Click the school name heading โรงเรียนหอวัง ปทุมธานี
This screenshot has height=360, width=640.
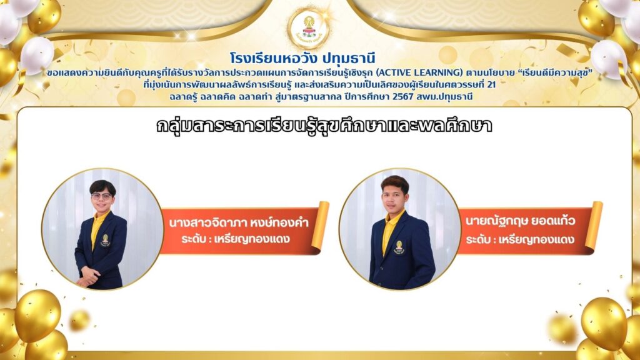pyautogui.click(x=302, y=58)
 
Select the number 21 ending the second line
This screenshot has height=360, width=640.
pyautogui.click(x=491, y=85)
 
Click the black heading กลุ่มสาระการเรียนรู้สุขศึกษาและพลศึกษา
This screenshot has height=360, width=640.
pyautogui.click(x=324, y=126)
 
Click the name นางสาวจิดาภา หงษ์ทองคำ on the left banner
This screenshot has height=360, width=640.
pyautogui.click(x=239, y=223)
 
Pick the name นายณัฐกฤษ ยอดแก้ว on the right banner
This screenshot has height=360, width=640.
pyautogui.click(x=521, y=221)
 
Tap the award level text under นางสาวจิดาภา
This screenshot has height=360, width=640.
pyautogui.click(x=236, y=239)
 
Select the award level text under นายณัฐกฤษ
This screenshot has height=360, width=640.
pyautogui.click(x=521, y=239)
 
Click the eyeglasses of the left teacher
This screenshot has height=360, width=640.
pyautogui.click(x=102, y=196)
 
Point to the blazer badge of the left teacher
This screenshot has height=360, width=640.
pyautogui.click(x=105, y=240)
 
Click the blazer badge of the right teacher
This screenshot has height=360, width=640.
pyautogui.click(x=399, y=247)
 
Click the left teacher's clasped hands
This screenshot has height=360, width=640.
pyautogui.click(x=88, y=277)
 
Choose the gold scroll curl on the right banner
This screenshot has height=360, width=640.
pyautogui.click(x=594, y=226)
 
